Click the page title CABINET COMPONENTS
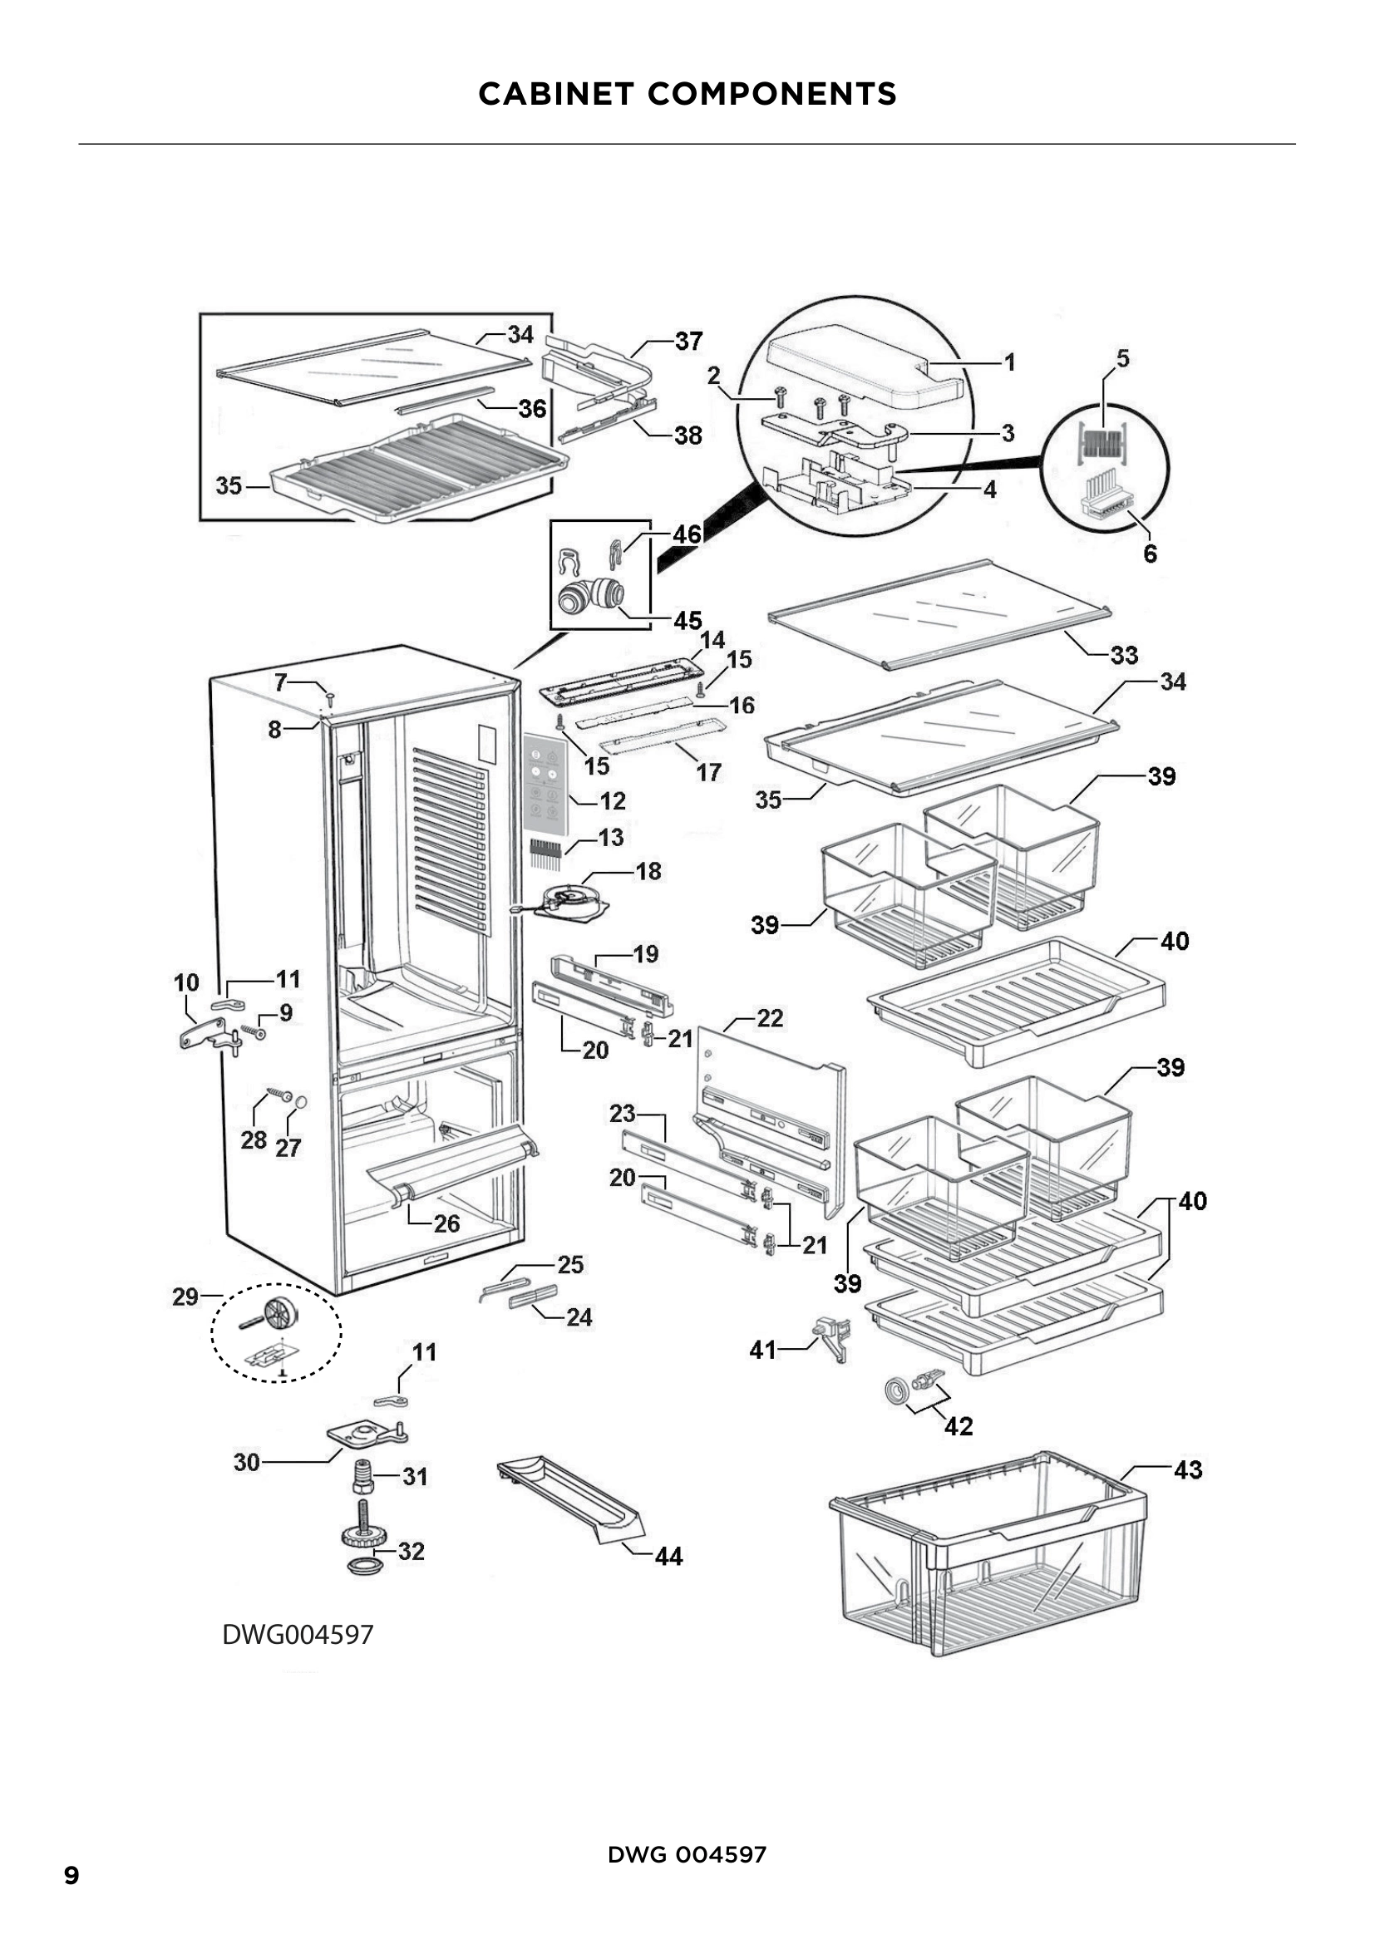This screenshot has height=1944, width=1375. click(x=687, y=94)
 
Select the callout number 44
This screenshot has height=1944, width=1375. click(x=668, y=1556)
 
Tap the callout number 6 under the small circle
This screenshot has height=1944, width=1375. click(x=1150, y=554)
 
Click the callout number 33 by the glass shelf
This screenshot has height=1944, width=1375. click(x=1124, y=655)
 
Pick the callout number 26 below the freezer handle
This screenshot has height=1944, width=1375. click(x=446, y=1223)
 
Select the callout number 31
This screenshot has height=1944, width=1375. click(x=415, y=1477)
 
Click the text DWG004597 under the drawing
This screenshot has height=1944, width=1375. click(x=297, y=1634)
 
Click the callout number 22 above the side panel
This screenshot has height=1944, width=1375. click(x=769, y=1018)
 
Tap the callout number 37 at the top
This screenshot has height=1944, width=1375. click(x=688, y=342)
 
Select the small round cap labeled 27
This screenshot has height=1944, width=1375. click(x=299, y=1101)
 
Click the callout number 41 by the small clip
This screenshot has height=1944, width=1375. click(x=762, y=1350)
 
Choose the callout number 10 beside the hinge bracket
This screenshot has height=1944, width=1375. click(x=186, y=982)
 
